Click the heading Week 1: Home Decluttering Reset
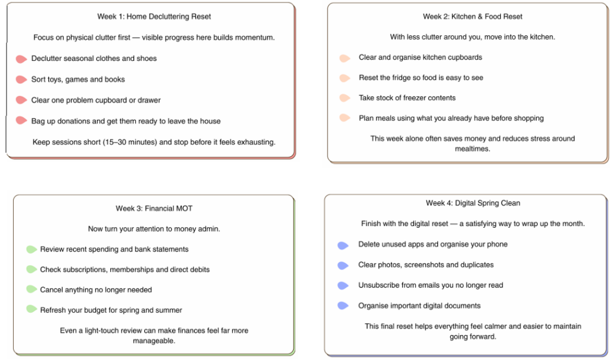[154, 17]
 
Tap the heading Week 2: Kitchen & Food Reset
[473, 17]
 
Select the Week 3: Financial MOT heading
[154, 209]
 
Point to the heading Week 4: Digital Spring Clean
[473, 203]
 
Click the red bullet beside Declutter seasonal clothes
[21, 59]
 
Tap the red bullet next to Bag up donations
[21, 121]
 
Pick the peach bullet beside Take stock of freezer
[344, 98]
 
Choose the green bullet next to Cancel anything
[31, 290]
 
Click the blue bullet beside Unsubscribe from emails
[343, 285]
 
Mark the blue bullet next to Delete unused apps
[343, 245]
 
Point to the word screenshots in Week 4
[423, 265]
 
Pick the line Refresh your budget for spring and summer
[111, 310]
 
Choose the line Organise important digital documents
[419, 306]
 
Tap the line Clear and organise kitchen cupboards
[420, 57]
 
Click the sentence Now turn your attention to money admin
[154, 229]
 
